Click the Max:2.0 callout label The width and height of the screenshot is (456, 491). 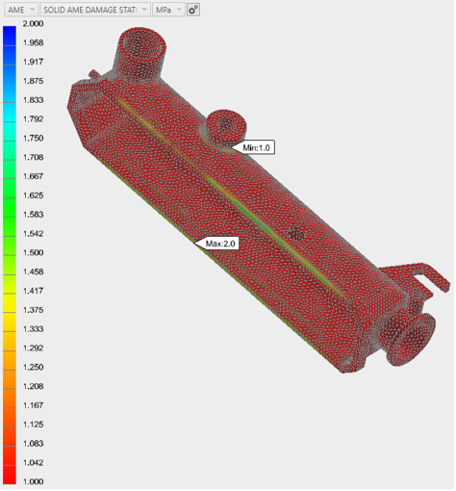click(221, 244)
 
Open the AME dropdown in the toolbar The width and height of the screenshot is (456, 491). click(21, 10)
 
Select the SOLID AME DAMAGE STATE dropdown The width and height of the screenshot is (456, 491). click(95, 10)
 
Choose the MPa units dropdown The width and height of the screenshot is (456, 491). click(168, 10)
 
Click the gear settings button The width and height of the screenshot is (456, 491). click(193, 10)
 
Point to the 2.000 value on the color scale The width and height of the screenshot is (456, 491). click(33, 23)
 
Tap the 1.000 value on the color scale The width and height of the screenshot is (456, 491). click(33, 481)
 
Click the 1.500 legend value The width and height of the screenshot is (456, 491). click(33, 252)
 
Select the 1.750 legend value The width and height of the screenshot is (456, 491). click(33, 138)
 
